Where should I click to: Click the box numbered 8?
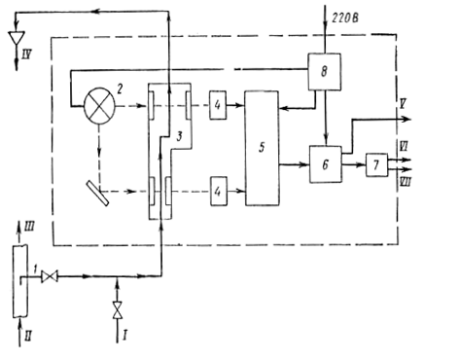(324, 72)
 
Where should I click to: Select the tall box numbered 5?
(262, 148)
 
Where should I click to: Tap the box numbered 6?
(326, 164)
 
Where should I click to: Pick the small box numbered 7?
(376, 165)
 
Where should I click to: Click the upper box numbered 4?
(218, 105)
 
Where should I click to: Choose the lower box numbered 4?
(219, 191)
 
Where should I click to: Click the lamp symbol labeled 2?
(99, 106)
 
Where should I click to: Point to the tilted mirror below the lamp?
(97, 193)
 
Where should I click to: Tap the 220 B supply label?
(345, 18)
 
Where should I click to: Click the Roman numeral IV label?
(26, 54)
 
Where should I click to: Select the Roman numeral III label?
(29, 227)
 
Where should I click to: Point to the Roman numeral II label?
(28, 337)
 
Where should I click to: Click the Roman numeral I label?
(124, 336)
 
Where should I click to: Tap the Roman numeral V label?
(403, 104)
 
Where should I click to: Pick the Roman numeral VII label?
(406, 182)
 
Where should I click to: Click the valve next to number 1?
(50, 276)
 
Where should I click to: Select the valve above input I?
(118, 310)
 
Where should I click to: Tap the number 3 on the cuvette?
(179, 136)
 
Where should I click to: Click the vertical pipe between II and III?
(20, 281)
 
